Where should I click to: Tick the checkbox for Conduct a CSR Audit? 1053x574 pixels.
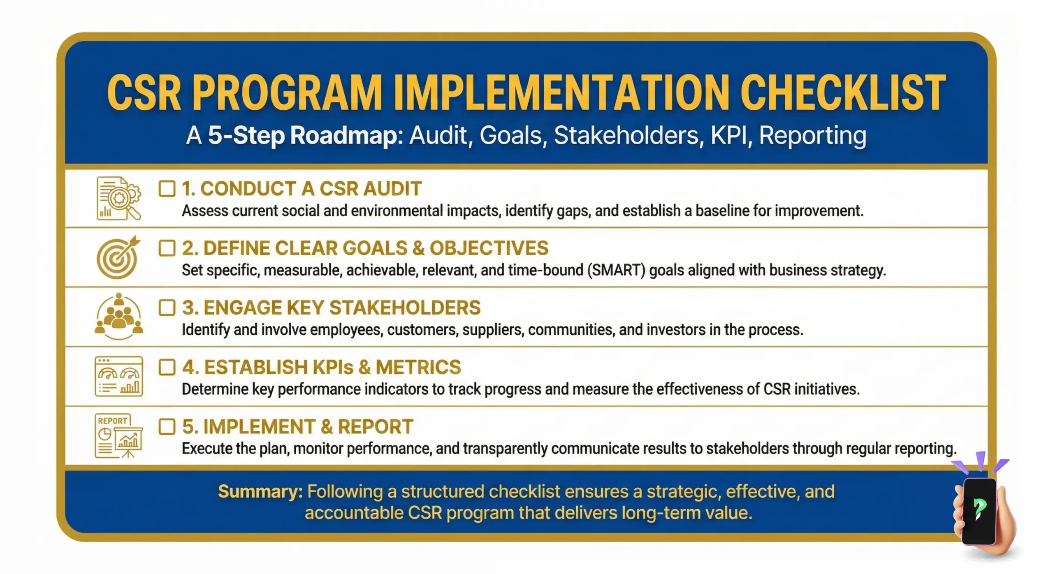[167, 189]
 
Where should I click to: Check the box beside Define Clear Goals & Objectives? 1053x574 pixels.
[167, 248]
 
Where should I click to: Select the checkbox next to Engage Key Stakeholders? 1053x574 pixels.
[167, 308]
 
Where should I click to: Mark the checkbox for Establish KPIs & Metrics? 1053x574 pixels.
[167, 367]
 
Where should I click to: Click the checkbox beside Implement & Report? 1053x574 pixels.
[167, 427]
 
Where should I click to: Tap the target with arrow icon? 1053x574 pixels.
[118, 257]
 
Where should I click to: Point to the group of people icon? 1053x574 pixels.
[119, 316]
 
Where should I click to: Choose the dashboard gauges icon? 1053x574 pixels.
[119, 376]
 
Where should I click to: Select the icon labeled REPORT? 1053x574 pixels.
[118, 436]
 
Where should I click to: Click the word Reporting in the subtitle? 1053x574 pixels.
[812, 135]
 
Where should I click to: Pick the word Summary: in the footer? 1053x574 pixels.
[260, 492]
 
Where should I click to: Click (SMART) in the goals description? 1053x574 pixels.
[616, 270]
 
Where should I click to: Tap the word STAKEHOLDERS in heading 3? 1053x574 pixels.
[405, 308]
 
